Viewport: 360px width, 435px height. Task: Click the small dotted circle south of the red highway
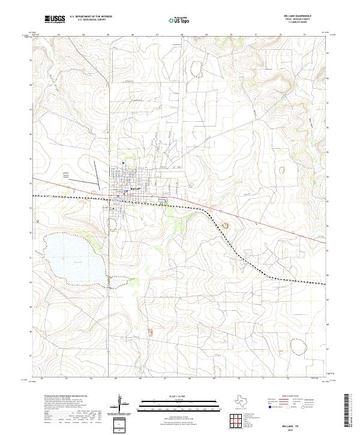pos(226,226)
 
